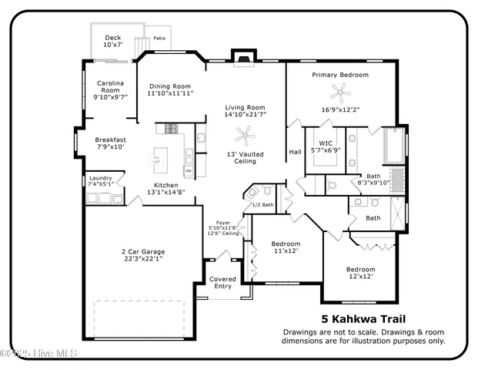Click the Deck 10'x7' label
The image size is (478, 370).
pos(113,41)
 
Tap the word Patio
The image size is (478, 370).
pos(159,38)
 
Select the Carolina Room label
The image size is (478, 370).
pos(110,90)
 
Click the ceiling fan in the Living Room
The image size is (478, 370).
pos(245,137)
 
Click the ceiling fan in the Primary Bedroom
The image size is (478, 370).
pos(339,93)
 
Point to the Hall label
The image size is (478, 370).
pos(295,152)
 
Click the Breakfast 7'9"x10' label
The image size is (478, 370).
pos(111,142)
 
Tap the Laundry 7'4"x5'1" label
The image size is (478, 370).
pos(101,181)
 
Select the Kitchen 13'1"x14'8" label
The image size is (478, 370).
pos(165,190)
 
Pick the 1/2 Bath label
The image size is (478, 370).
pos(263,205)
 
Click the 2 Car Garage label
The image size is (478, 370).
pos(142,255)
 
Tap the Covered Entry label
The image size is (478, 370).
pos(222,283)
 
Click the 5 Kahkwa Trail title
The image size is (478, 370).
pos(363,319)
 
